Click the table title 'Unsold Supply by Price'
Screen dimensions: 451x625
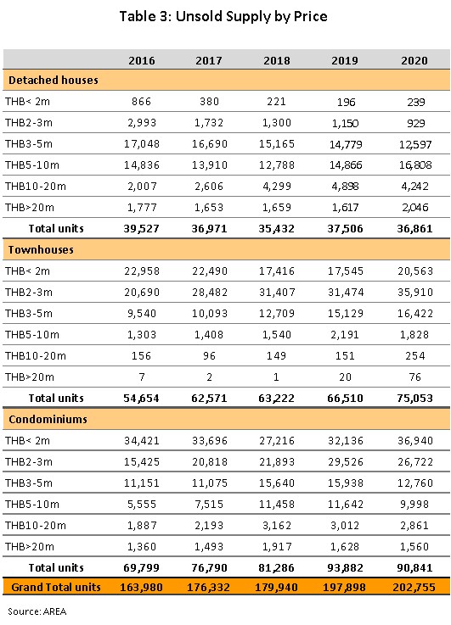[x=251, y=17]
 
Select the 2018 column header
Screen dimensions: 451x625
[x=277, y=60]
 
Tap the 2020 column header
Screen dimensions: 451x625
[x=414, y=60]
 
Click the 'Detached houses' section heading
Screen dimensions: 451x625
[x=54, y=80]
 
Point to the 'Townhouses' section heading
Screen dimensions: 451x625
[x=41, y=250]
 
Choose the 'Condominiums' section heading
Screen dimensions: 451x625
[x=48, y=419]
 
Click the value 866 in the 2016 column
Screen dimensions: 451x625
[x=142, y=102]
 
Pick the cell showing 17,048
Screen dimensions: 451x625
[x=142, y=144]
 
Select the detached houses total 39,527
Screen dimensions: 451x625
[x=141, y=229]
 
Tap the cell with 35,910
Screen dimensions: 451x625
[x=415, y=293]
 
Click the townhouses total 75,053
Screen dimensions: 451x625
[x=414, y=399]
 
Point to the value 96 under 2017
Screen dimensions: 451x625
[x=209, y=356]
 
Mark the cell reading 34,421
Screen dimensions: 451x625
[x=142, y=441]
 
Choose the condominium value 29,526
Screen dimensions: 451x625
[x=346, y=462]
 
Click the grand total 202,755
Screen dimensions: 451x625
[x=414, y=587]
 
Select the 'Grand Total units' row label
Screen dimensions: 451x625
[x=56, y=587]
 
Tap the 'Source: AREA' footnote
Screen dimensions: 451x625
[x=37, y=611]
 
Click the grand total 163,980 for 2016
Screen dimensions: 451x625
[x=141, y=587]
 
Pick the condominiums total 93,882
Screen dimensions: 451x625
[x=345, y=567]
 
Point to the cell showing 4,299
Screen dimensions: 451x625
[x=277, y=187]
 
